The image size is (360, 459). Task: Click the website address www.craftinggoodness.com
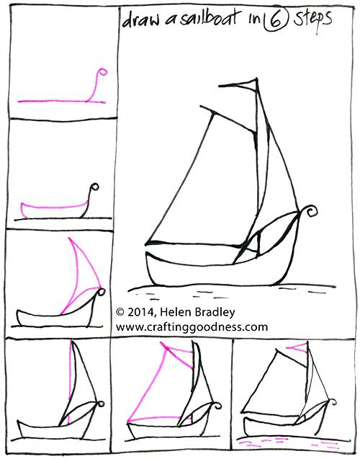pyautogui.click(x=192, y=327)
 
